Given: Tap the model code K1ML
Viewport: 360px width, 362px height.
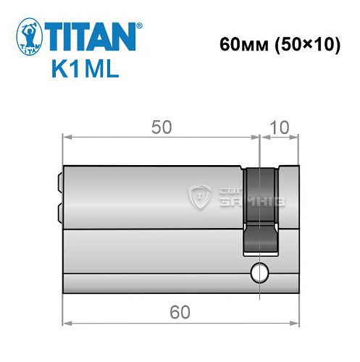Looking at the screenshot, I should coord(83,70).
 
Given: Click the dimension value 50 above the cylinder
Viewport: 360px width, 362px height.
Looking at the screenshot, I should coord(161,127).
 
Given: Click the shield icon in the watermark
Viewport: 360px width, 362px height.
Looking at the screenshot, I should coord(199,195).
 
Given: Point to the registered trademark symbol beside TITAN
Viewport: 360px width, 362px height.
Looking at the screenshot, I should coord(140,25).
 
